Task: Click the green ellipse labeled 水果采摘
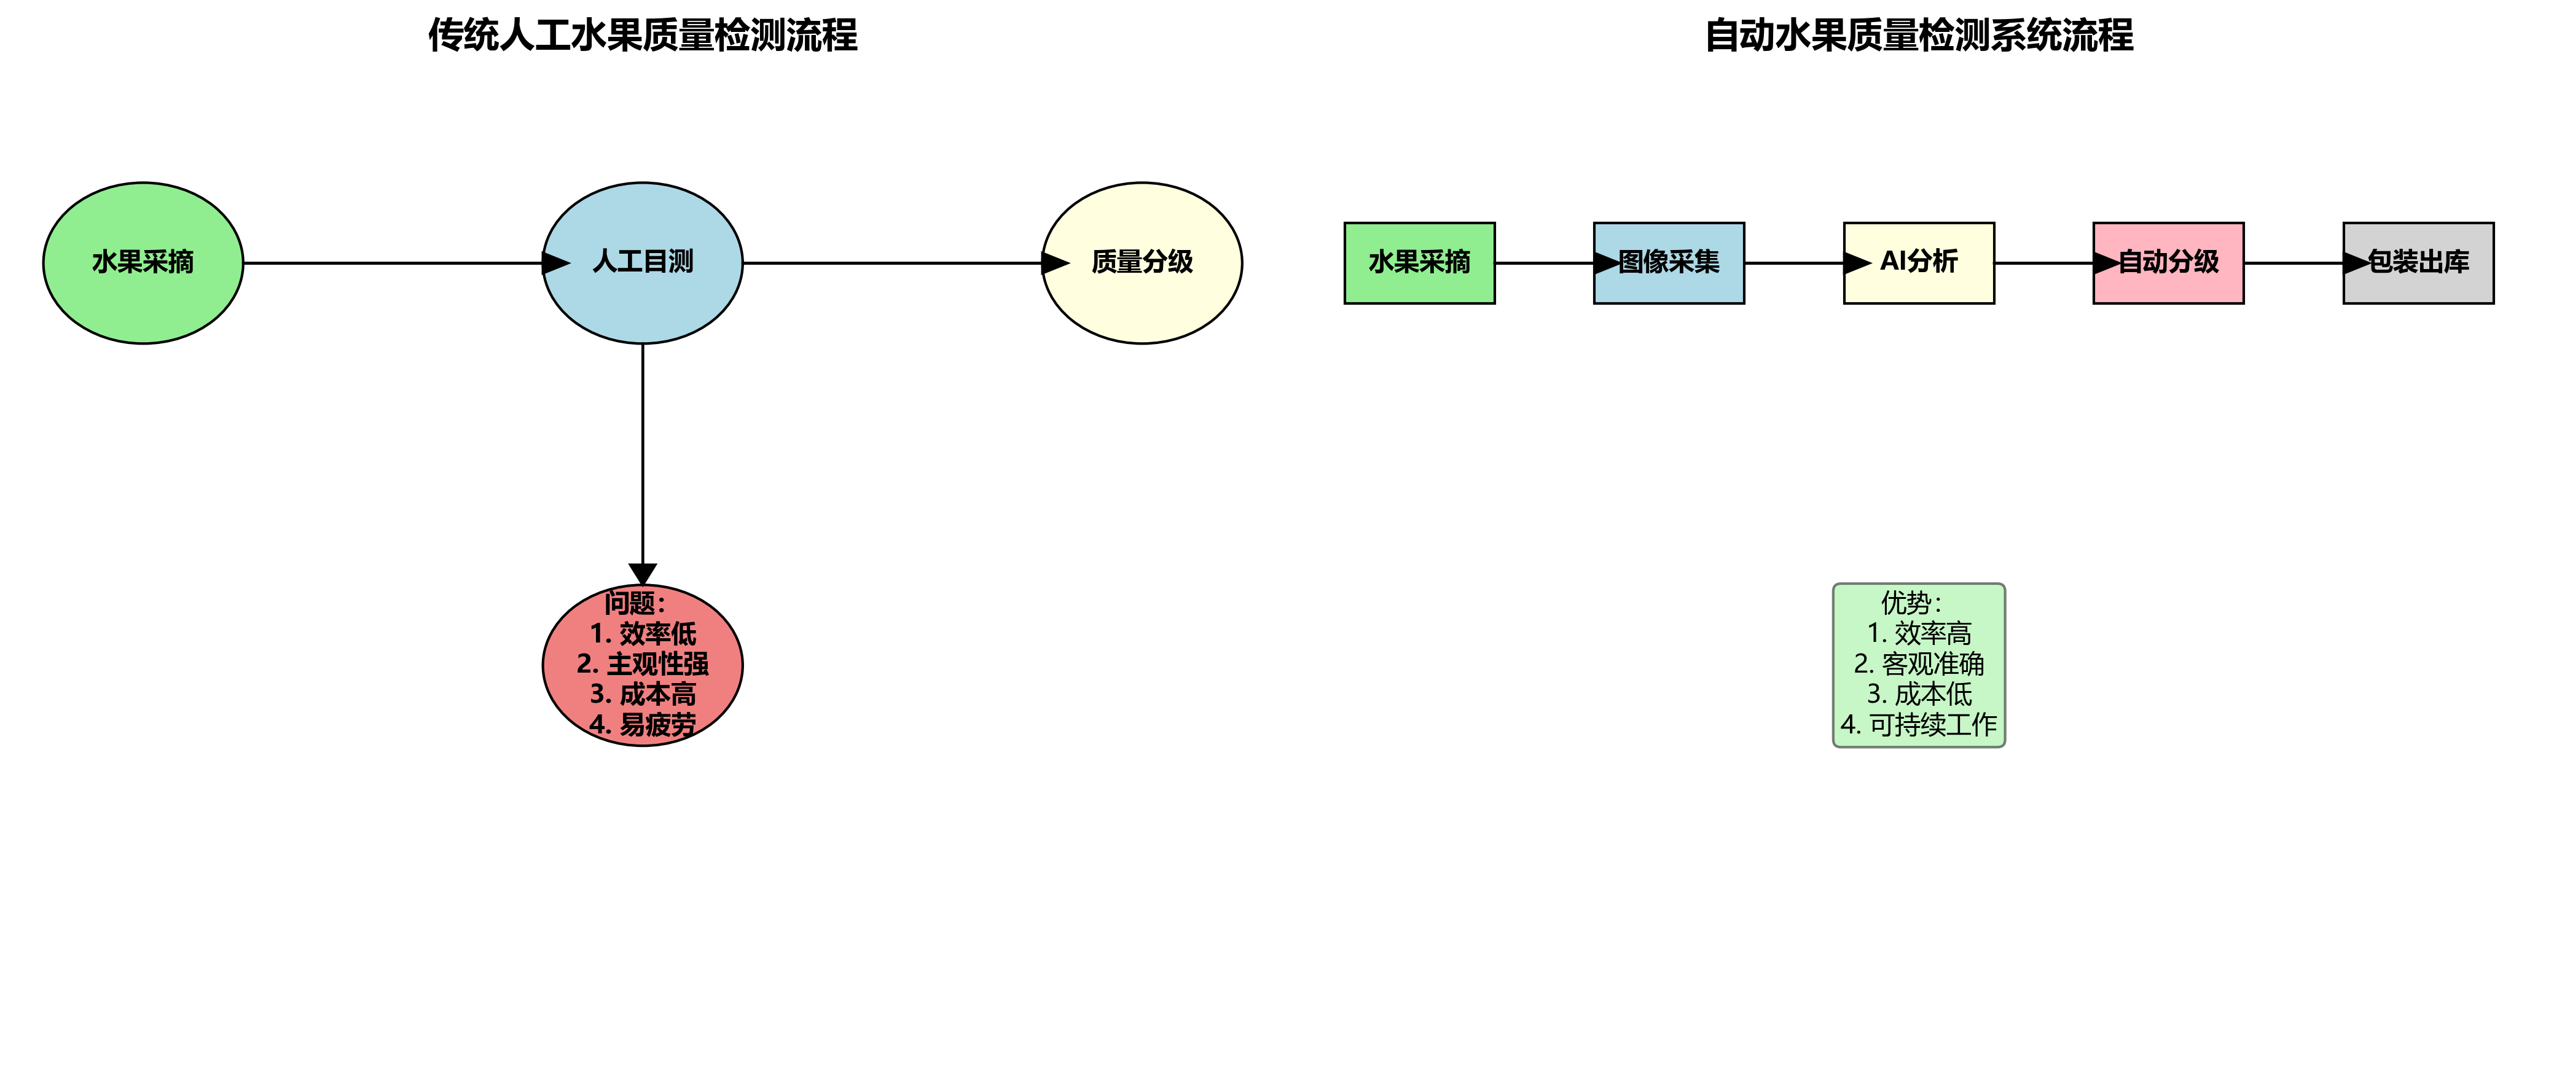pos(143,262)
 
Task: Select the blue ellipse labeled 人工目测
pos(643,262)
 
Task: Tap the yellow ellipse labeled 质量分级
pos(1142,262)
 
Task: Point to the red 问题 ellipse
pos(643,665)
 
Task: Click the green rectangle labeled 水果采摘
pos(1419,262)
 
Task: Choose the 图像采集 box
pos(1669,262)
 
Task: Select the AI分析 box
pos(1919,262)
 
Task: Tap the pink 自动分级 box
pos(2168,262)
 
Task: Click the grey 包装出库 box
pos(2418,262)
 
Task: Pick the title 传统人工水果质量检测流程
pos(643,36)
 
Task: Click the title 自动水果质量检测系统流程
pos(1919,36)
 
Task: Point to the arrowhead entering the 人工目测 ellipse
pos(555,262)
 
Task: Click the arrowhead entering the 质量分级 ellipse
pos(1054,262)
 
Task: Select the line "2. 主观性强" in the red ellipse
pos(643,663)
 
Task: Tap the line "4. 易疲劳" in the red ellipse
pos(643,725)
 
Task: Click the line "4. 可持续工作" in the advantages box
pos(1919,725)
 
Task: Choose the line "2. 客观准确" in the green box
pos(1919,663)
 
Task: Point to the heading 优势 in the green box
pos(1911,603)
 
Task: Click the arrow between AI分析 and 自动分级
pos(2044,262)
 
